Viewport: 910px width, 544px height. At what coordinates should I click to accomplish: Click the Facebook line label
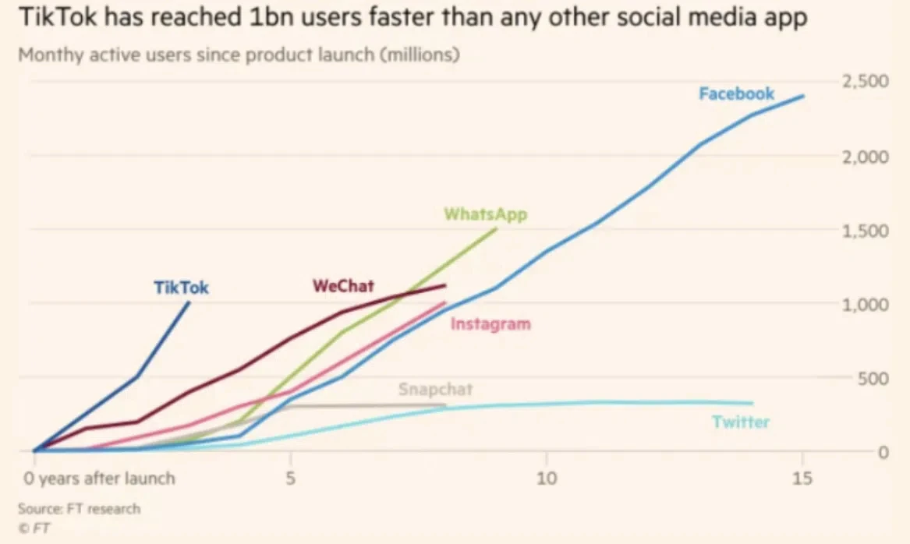coord(736,94)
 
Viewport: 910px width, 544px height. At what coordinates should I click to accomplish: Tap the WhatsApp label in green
coord(485,214)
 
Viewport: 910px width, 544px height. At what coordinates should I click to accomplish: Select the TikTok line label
coord(181,288)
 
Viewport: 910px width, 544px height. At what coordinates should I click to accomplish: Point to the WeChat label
coord(343,285)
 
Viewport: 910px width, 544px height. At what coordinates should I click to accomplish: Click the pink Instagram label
coord(490,323)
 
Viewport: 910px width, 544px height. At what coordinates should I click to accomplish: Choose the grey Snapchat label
coord(435,389)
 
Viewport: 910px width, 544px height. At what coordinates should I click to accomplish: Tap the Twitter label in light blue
coord(740,422)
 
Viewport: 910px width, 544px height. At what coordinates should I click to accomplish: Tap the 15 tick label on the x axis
coord(803,476)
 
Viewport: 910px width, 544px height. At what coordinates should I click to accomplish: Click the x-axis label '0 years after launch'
coord(97,477)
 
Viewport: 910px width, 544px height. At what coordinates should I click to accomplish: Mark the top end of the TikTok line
coord(189,302)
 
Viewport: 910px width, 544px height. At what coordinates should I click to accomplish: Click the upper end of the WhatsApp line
coord(496,229)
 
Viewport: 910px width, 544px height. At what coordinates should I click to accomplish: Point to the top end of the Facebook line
coord(803,96)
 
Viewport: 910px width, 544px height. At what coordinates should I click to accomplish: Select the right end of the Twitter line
coord(752,404)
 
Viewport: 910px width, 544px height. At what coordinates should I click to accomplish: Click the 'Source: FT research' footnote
coord(79,509)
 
